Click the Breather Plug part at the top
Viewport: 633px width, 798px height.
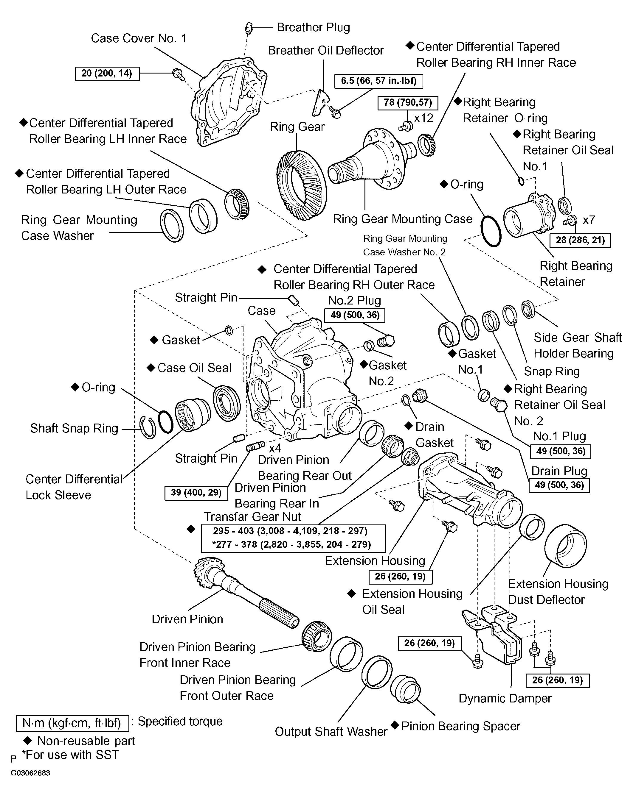point(249,27)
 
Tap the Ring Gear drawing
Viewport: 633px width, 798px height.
point(301,185)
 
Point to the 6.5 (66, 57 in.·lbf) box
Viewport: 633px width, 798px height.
point(378,81)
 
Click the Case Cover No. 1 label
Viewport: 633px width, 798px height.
point(139,38)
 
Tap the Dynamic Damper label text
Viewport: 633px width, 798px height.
point(505,698)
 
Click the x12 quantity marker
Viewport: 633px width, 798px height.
point(423,118)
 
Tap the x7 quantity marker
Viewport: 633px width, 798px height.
point(589,220)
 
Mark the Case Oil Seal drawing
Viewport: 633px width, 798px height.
point(226,403)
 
